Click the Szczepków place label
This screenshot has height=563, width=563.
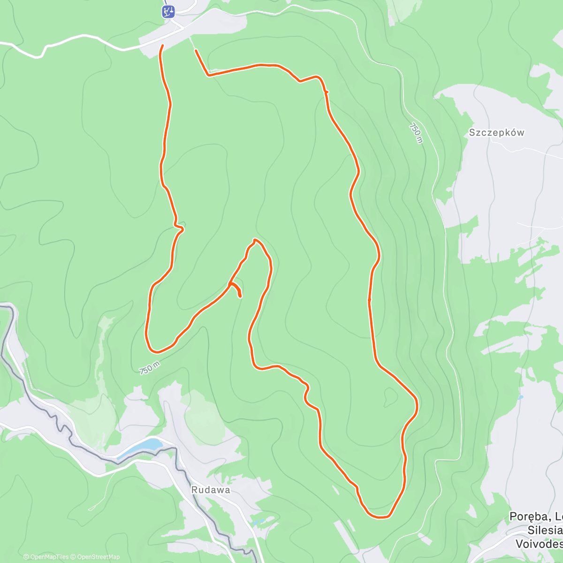point(496,133)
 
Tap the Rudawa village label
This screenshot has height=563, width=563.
point(211,490)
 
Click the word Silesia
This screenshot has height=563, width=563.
point(545,530)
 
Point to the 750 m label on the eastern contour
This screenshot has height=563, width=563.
point(416,133)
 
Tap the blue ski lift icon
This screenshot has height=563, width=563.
point(168,11)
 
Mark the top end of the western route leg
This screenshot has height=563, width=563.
point(162,46)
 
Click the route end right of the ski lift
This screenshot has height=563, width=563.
point(195,50)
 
